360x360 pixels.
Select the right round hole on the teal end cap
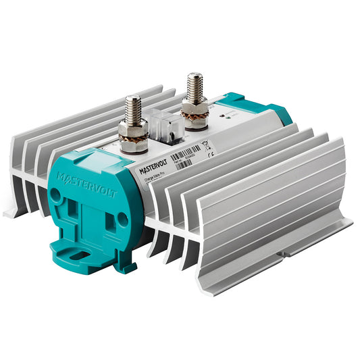(122, 221)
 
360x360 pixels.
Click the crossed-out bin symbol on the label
(206, 143)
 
